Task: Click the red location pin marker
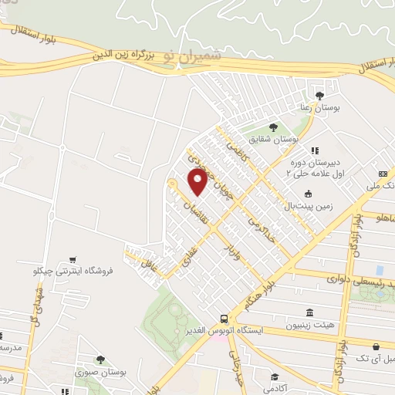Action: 197,182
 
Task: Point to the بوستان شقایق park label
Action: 279,139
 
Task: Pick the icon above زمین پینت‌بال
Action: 309,194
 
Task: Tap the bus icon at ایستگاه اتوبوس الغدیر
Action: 224,318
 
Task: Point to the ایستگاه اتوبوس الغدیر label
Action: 224,330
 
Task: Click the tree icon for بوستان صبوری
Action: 100,359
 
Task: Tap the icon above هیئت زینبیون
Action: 309,312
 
